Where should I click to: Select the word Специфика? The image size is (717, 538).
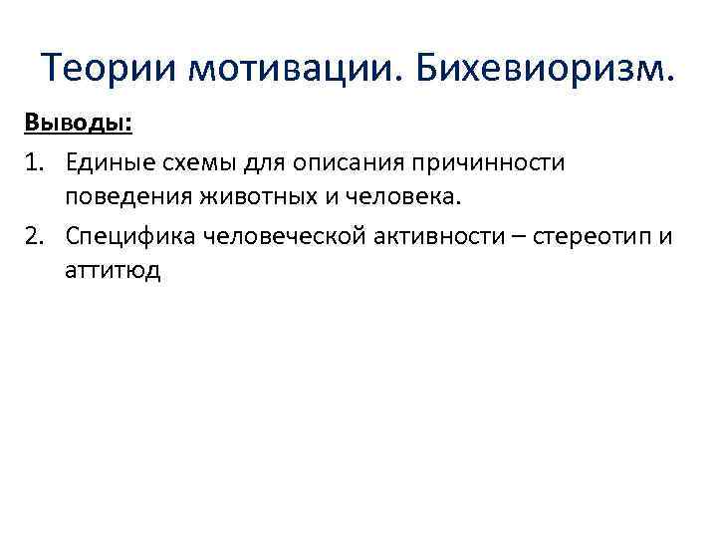pyautogui.click(x=128, y=235)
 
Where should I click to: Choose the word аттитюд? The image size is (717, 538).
pyautogui.click(x=113, y=271)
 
